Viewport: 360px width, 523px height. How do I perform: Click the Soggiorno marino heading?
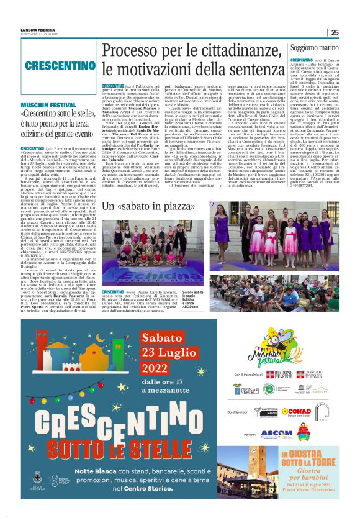point(315,47)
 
